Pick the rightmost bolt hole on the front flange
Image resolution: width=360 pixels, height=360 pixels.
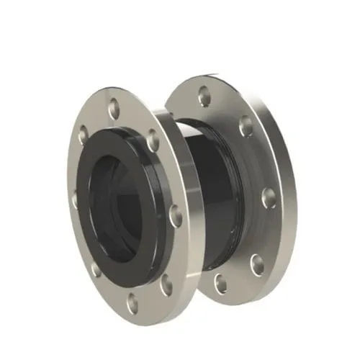pos(175,215)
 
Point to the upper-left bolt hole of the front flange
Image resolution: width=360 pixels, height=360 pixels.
pos(83,135)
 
